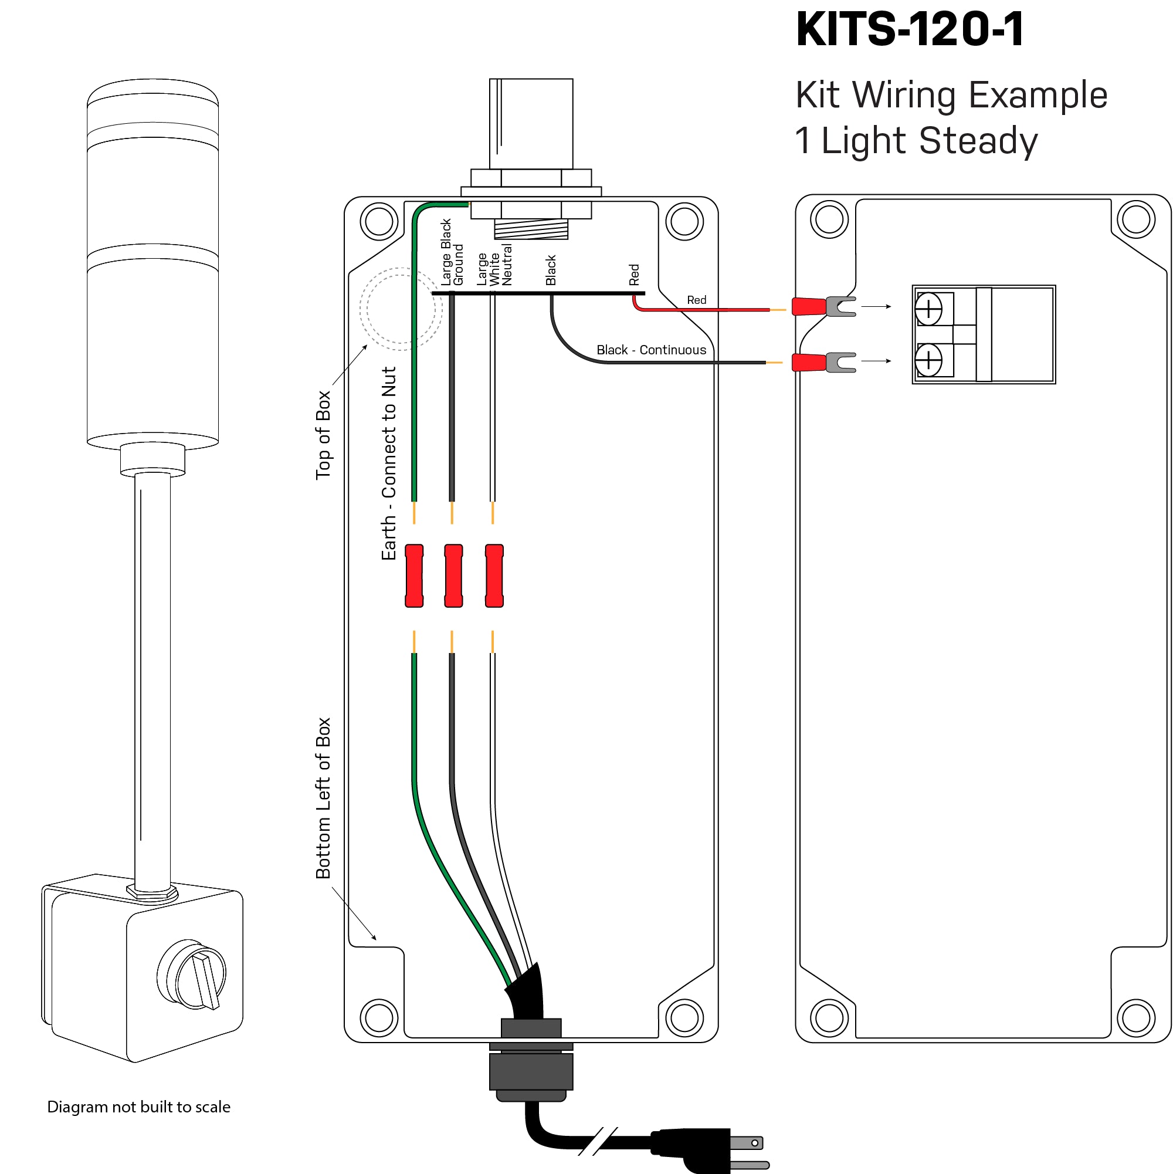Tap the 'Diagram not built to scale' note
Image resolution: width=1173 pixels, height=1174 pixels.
pos(138,1107)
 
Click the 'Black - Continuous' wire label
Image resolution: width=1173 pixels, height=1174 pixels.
pos(651,350)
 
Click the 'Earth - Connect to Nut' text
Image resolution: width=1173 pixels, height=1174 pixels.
pos(389,463)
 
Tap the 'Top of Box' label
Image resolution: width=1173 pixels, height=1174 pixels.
pos(323,435)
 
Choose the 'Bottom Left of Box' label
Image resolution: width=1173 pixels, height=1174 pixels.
pos(323,798)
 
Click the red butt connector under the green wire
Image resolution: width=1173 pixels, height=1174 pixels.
pos(414,576)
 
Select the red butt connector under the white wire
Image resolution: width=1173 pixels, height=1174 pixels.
pos(494,576)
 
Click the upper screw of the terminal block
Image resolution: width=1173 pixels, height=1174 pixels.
pos(929,309)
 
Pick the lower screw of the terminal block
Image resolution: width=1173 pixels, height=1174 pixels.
pos(929,360)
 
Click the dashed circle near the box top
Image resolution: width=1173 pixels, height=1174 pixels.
pos(401,309)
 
